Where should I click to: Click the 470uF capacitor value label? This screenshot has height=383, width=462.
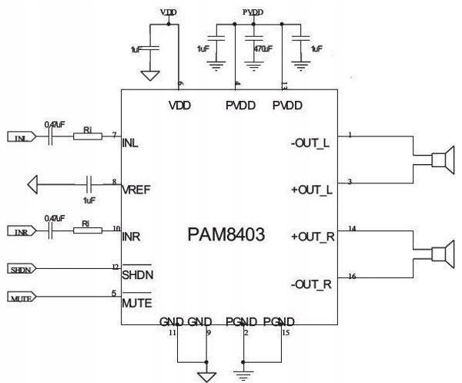click(263, 49)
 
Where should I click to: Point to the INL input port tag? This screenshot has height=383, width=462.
click(20, 138)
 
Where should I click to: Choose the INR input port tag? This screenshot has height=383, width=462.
click(20, 232)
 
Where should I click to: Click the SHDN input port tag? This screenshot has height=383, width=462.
click(20, 270)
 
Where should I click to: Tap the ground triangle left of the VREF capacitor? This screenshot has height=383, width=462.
click(32, 185)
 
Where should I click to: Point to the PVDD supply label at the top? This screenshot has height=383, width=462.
click(252, 13)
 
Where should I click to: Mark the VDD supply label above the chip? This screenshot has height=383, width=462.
click(169, 13)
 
